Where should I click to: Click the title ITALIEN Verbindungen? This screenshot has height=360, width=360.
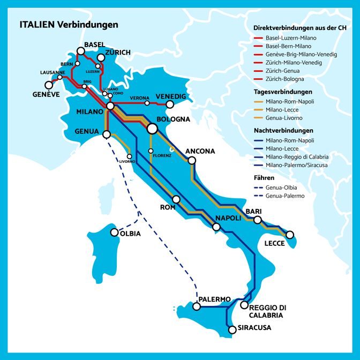tap(69, 25)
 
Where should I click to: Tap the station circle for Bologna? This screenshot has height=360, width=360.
tap(152, 129)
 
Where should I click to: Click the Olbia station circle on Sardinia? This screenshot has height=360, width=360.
tap(114, 232)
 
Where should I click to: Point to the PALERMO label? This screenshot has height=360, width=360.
tap(214, 299)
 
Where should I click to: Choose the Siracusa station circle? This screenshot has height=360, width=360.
tap(232, 330)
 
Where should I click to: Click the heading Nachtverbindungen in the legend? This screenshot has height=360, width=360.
tap(283, 130)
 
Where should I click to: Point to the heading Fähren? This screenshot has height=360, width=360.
tap(264, 177)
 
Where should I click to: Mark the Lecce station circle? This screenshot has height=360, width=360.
tap(290, 235)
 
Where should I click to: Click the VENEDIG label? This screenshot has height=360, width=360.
tap(170, 96)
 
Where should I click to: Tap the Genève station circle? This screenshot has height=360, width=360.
tap(49, 85)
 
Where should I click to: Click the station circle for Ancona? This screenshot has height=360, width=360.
tap(192, 160)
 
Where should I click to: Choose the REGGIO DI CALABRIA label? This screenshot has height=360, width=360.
tap(268, 311)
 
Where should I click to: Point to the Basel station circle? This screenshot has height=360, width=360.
tap(80, 51)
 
